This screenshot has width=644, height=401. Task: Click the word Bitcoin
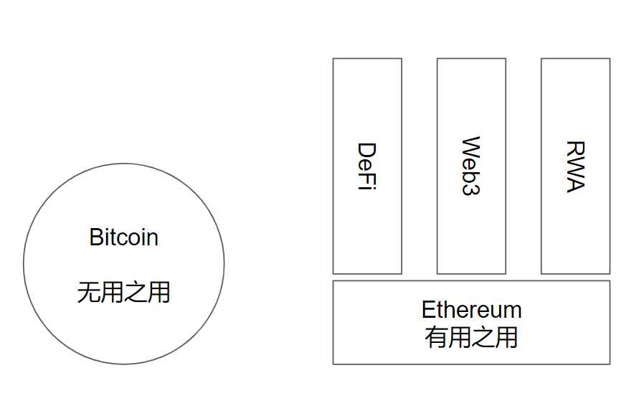(123, 237)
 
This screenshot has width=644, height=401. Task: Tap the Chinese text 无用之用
(123, 292)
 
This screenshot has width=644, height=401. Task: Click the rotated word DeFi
(367, 166)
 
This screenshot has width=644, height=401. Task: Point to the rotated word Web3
(471, 166)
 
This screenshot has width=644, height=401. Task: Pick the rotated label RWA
(575, 166)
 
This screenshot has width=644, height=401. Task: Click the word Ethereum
(471, 310)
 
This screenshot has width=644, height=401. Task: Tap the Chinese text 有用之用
(471, 337)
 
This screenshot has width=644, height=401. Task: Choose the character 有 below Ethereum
(436, 337)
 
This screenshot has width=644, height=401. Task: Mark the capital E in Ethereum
(428, 310)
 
